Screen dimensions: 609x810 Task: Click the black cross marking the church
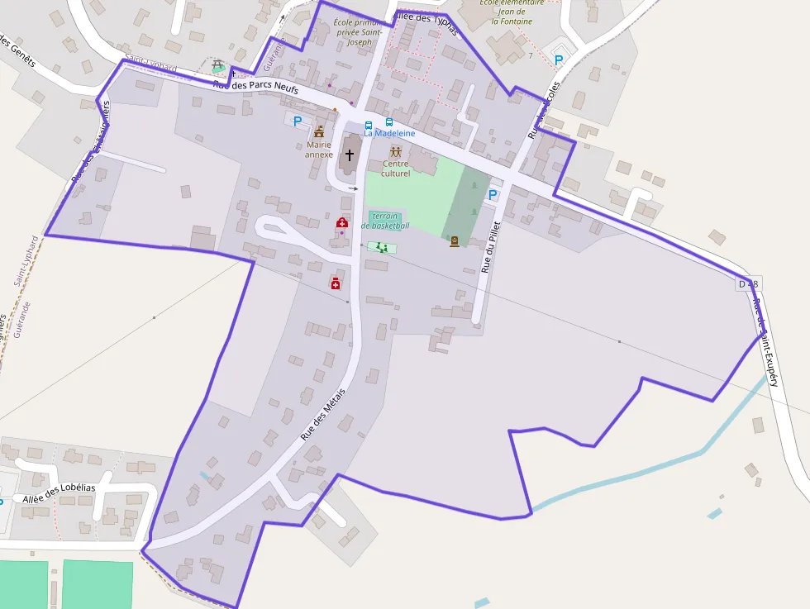[349, 155]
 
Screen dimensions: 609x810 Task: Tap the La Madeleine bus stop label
[389, 133]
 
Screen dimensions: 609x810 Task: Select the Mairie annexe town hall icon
[319, 131]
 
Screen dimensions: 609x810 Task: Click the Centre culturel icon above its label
[396, 152]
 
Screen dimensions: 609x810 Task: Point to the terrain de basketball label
[385, 221]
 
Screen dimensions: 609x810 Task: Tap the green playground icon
[381, 247]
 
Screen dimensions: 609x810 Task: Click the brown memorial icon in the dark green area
[454, 241]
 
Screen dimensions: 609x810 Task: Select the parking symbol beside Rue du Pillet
[493, 195]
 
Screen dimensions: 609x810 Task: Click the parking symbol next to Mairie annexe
[298, 121]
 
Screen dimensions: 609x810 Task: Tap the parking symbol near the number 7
[558, 59]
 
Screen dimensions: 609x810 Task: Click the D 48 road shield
[748, 284]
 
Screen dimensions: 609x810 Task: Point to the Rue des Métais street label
[322, 414]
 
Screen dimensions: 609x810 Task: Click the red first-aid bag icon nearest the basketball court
[341, 223]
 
